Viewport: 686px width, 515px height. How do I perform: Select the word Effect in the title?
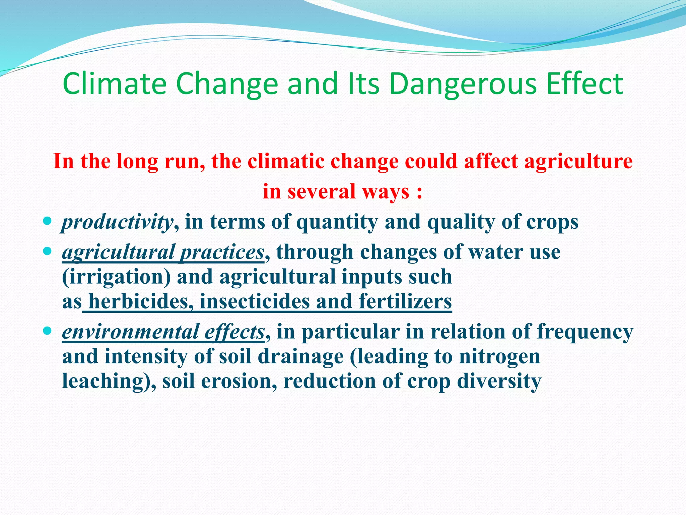[584, 84]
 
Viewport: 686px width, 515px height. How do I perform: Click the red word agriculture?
[578, 162]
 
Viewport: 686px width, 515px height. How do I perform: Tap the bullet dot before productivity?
[48, 221]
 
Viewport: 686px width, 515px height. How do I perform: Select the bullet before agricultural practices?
[48, 251]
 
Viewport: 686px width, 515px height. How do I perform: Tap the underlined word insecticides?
[255, 301]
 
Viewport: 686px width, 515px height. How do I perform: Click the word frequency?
[585, 332]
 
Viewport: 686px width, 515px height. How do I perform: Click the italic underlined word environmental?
[131, 332]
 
